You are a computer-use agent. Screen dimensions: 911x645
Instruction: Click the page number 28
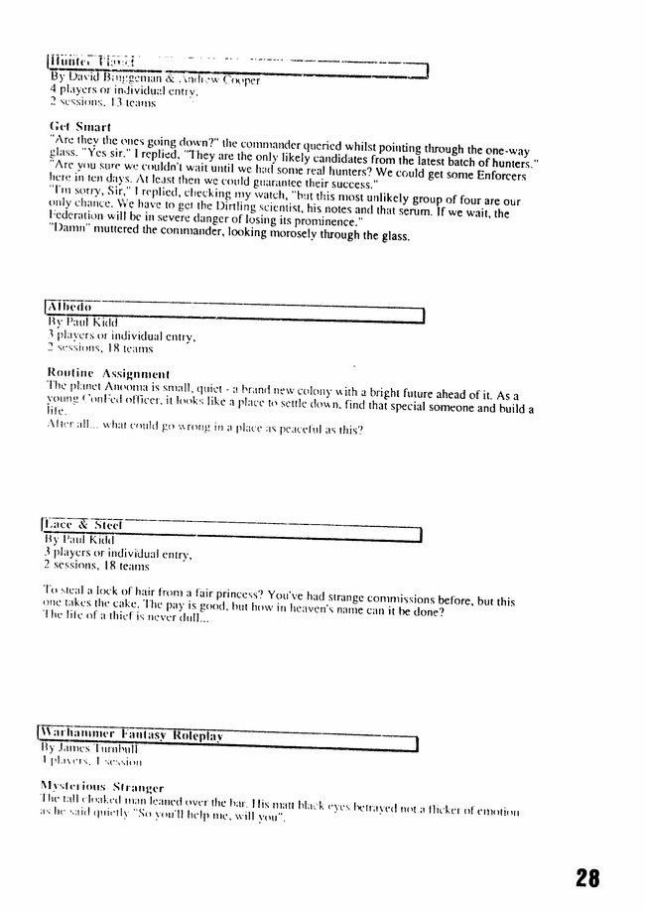coord(586,876)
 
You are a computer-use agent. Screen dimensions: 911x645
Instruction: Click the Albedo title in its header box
coord(69,308)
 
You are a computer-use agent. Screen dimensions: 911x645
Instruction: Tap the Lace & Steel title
coord(80,525)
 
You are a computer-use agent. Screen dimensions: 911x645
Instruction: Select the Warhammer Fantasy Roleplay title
coord(130,735)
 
